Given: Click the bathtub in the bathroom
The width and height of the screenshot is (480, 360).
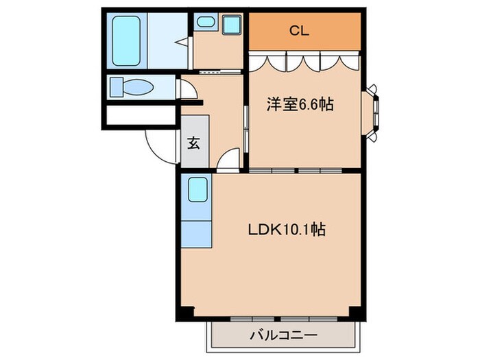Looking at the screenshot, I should point(127,39).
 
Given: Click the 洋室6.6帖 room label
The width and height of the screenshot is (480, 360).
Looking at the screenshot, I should point(300,105).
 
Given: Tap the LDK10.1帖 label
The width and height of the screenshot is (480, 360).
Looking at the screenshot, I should point(286,230).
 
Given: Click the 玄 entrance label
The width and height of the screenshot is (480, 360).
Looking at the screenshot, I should point(194,143).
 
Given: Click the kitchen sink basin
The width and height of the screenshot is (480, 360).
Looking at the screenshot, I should point(197,190).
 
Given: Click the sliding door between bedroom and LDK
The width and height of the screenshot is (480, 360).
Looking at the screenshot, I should point(296,169).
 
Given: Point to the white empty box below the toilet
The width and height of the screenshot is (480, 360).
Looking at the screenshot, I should point(141,115).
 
